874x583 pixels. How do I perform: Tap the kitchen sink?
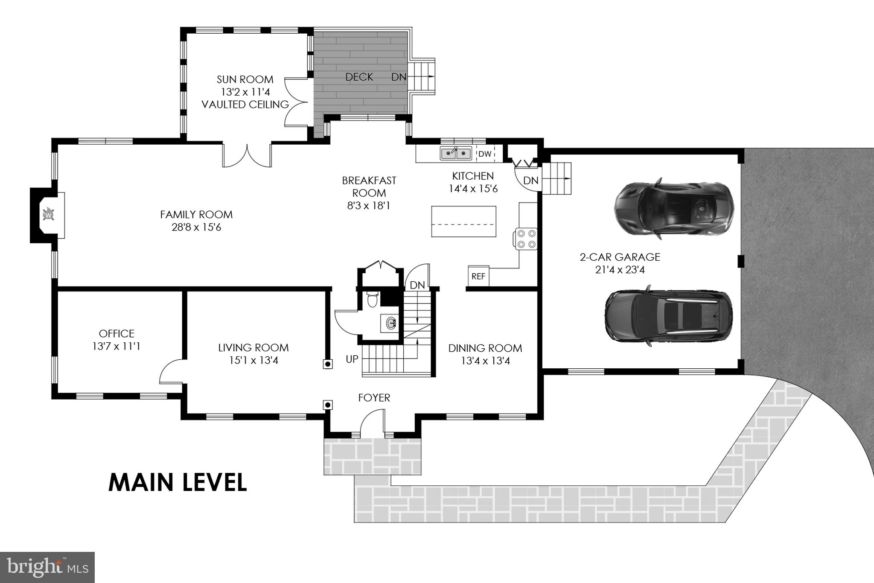(x=456, y=153)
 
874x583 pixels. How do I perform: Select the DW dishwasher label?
(x=485, y=154)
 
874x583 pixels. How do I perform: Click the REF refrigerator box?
(x=478, y=276)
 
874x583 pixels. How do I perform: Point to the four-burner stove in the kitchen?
(x=526, y=239)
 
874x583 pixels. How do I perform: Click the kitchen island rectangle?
(x=463, y=221)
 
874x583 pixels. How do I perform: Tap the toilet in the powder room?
(x=373, y=299)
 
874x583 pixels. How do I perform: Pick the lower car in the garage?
(x=669, y=316)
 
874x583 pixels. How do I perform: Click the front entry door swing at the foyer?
(x=372, y=422)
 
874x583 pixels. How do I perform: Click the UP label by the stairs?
(x=352, y=359)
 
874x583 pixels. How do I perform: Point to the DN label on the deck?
(x=399, y=77)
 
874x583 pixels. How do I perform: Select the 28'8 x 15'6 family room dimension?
(x=196, y=227)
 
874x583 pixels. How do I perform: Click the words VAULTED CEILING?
(x=245, y=105)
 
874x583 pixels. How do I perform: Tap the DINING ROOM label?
(x=485, y=348)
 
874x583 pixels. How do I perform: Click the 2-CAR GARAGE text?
(x=620, y=257)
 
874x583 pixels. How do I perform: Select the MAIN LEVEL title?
(x=178, y=482)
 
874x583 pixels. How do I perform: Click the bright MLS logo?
(x=47, y=567)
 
